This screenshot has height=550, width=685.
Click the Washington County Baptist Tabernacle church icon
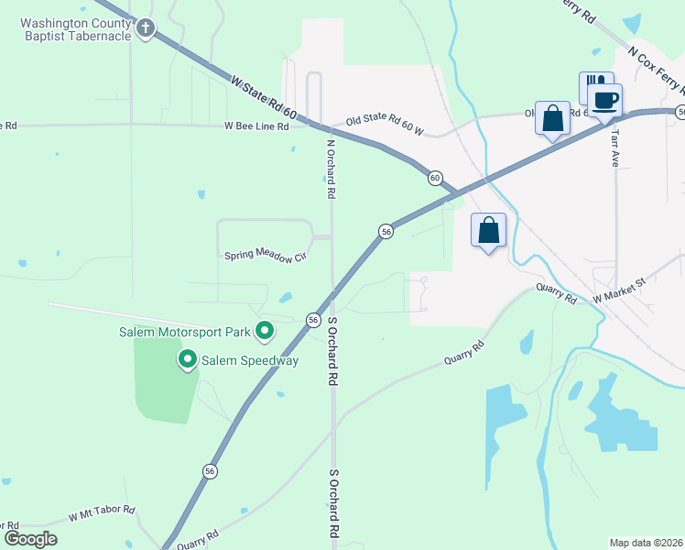145,29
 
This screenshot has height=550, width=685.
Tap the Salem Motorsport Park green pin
265,330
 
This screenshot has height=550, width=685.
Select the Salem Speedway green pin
188,359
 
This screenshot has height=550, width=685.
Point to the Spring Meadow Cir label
266,255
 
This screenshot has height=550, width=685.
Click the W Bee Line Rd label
257,126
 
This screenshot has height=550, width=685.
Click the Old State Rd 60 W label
385,121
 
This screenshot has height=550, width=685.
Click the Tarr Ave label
614,145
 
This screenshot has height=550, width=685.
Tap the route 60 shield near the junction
435,177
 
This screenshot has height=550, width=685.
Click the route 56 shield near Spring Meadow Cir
386,232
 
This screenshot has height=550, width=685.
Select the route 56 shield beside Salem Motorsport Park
313,319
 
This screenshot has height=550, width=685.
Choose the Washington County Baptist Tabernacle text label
73,29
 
